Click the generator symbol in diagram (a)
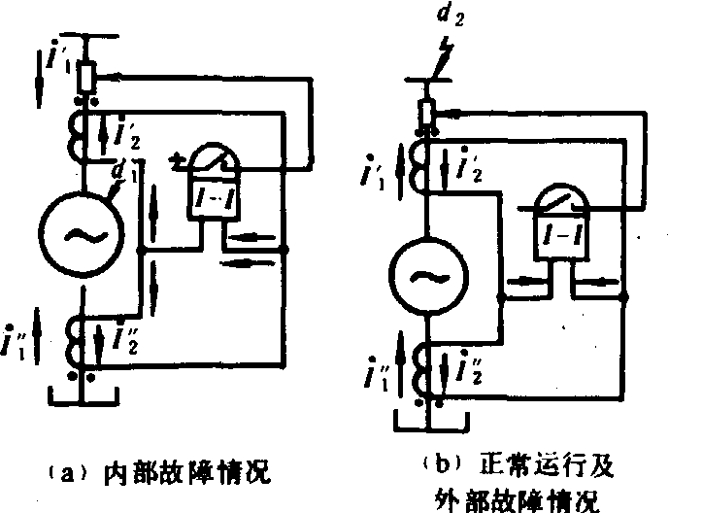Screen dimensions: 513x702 pos(79,230)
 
